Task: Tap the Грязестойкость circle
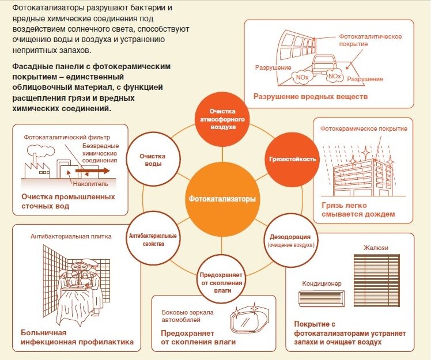[292, 159]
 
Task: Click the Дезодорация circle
[291, 241]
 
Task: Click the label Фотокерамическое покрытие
[364, 128]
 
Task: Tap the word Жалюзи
[376, 248]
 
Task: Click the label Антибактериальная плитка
[71, 236]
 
